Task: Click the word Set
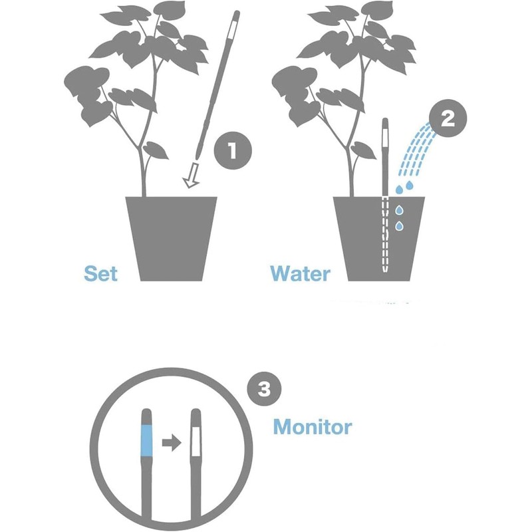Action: [101, 273]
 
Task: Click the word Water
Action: [300, 273]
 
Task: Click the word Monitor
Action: [312, 426]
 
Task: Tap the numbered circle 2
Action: [448, 120]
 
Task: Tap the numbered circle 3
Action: [263, 390]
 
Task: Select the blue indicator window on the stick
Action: [148, 440]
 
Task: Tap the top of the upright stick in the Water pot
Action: [385, 126]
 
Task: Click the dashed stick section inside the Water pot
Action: [384, 233]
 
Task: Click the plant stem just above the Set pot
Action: [142, 180]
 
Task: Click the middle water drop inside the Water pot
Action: [399, 210]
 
